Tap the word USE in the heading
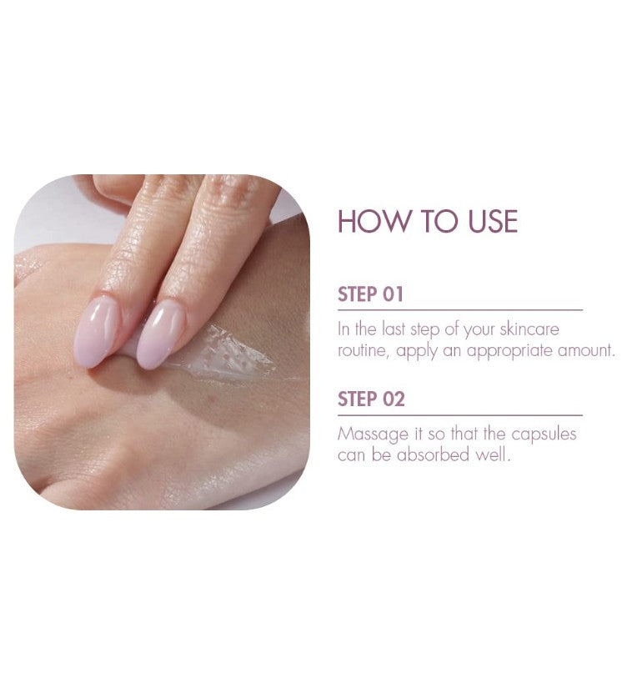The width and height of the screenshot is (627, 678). click(x=493, y=221)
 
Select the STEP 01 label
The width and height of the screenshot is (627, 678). click(x=370, y=294)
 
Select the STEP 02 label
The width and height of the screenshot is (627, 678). click(x=371, y=399)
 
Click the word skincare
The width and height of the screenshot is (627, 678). click(x=529, y=329)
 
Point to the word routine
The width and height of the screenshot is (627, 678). click(x=361, y=350)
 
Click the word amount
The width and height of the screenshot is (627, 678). click(x=586, y=350)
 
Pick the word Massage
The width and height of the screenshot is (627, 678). click(x=373, y=434)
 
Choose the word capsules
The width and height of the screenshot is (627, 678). click(x=544, y=434)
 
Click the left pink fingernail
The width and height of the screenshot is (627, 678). click(x=97, y=332)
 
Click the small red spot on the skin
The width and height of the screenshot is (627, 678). click(x=212, y=396)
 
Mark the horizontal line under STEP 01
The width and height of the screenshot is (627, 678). click(x=460, y=310)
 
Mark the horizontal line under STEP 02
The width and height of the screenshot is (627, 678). click(x=460, y=415)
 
